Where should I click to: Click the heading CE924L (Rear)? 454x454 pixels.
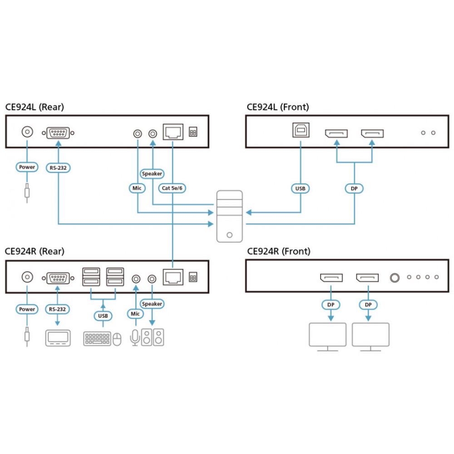[x=35, y=107]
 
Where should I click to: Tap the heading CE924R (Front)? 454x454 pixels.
[x=278, y=251]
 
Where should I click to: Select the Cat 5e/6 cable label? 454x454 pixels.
[x=173, y=188]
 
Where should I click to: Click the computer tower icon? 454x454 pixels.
[x=229, y=216]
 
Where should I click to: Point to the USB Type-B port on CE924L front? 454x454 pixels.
[x=300, y=131]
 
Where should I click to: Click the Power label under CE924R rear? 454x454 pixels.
[x=27, y=309]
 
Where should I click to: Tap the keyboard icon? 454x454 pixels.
[x=97, y=339]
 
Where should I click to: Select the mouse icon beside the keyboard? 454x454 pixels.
[x=117, y=339]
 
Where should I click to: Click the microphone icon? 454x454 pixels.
[x=135, y=337]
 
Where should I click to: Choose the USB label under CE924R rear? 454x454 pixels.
[x=103, y=316]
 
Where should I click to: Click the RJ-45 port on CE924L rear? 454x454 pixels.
[x=173, y=132]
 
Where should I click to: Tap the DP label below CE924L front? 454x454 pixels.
[x=354, y=188]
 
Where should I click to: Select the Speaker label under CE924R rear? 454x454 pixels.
[x=152, y=304]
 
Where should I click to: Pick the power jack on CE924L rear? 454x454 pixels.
[x=27, y=132]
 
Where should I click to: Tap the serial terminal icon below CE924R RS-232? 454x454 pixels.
[x=58, y=339]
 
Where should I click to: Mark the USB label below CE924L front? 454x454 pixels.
[x=300, y=188]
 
